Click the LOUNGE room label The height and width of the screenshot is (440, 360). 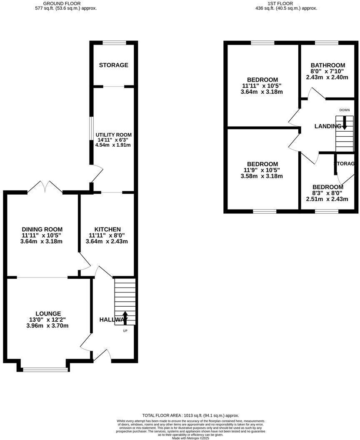coord(48,313)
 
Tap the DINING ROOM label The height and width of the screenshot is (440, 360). coord(42,229)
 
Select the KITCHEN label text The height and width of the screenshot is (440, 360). coord(107,229)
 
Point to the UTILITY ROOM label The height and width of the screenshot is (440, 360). coord(113,135)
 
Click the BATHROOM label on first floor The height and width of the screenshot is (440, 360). coord(328,65)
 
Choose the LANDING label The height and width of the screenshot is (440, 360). coord(328,126)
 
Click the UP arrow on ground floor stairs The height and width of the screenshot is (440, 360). coord(125,317)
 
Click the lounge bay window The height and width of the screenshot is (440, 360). coord(45,369)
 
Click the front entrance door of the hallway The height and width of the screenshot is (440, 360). coord(102,355)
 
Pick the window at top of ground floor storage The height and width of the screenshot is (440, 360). coord(114,42)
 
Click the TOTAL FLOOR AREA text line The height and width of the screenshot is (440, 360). coord(190,415)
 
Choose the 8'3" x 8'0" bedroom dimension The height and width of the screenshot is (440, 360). coord(327,193)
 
